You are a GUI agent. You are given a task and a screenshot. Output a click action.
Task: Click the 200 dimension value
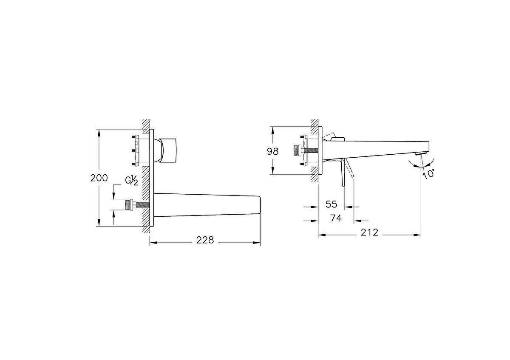coord(99,178)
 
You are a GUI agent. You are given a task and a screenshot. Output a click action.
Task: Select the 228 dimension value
coord(205,240)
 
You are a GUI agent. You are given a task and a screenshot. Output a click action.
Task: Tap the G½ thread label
coord(131,181)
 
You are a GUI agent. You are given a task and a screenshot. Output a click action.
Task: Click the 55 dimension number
coord(331,204)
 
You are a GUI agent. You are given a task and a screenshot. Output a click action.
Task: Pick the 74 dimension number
coord(336,218)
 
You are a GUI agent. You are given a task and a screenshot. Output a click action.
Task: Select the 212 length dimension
coord(370,232)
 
